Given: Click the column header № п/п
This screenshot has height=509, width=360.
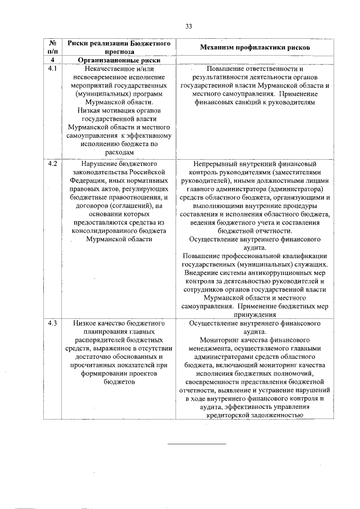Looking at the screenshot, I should point(52,47).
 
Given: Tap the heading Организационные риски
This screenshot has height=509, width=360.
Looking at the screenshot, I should point(119,60).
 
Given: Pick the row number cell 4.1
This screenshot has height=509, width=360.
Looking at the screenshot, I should point(52,69).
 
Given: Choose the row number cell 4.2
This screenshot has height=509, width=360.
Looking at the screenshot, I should point(52,164).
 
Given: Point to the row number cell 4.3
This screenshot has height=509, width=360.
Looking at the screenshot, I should point(52,325).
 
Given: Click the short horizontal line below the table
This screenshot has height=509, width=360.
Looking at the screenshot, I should point(197,444).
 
